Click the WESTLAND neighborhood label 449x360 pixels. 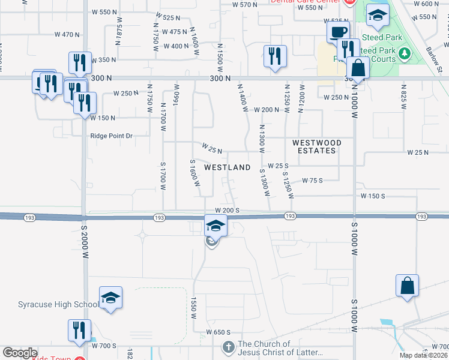[x=228, y=168]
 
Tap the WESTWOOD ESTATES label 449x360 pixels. [x=317, y=146]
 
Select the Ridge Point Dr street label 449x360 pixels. [x=111, y=136]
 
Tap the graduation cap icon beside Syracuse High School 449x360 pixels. [x=110, y=298]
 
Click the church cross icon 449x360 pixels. [x=228, y=347]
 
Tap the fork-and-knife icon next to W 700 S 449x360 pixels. [x=79, y=331]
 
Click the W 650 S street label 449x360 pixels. [x=218, y=332]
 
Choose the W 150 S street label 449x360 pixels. [x=373, y=196]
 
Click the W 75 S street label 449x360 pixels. [x=312, y=180]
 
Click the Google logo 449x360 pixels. [x=20, y=353]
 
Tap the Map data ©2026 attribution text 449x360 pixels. [x=424, y=355]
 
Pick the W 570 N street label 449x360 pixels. [x=244, y=4]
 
